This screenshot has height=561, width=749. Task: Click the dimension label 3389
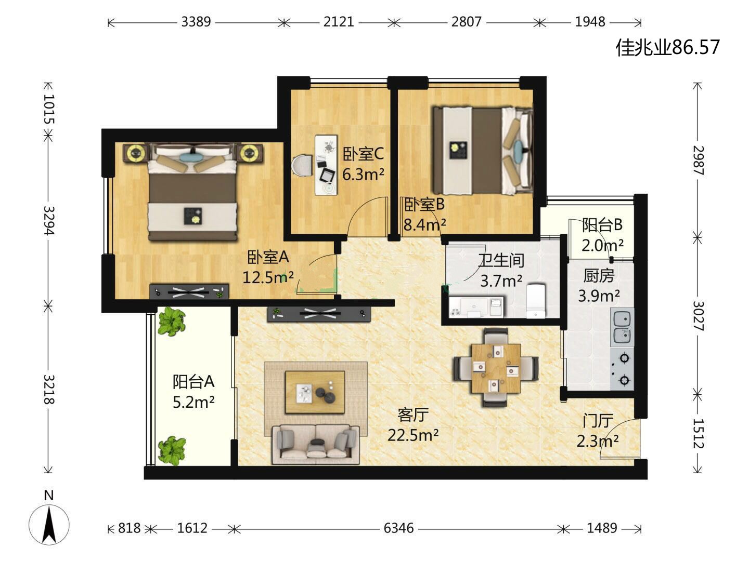[x=196, y=22]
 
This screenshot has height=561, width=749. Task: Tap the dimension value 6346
[x=398, y=528]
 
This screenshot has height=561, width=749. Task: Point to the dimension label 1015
[x=49, y=109]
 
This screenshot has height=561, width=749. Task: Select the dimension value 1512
[x=698, y=433]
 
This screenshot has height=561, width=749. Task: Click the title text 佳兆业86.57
[x=667, y=47]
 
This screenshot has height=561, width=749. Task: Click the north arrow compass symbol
[x=49, y=525]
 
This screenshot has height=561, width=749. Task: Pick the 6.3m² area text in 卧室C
[x=363, y=175]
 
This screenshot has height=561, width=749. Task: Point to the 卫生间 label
[x=501, y=261]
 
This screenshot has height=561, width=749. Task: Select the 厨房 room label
[x=599, y=275]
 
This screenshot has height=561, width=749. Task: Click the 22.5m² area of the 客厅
[x=413, y=435]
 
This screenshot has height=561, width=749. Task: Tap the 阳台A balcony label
[x=193, y=381]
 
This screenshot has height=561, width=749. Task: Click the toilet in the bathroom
[x=536, y=301]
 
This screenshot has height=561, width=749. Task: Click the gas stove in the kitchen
[x=622, y=369]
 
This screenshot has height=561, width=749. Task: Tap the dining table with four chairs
[x=496, y=368]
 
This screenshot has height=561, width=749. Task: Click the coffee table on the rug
[x=315, y=392]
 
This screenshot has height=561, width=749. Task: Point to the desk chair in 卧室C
[x=302, y=165]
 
